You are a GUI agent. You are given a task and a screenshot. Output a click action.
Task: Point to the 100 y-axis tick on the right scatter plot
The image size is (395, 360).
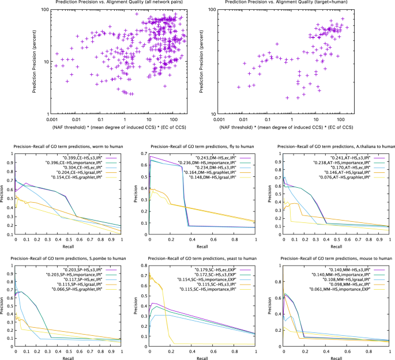(215, 10)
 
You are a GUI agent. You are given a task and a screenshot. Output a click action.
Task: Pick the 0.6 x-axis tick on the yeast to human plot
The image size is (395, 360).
(211, 350)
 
